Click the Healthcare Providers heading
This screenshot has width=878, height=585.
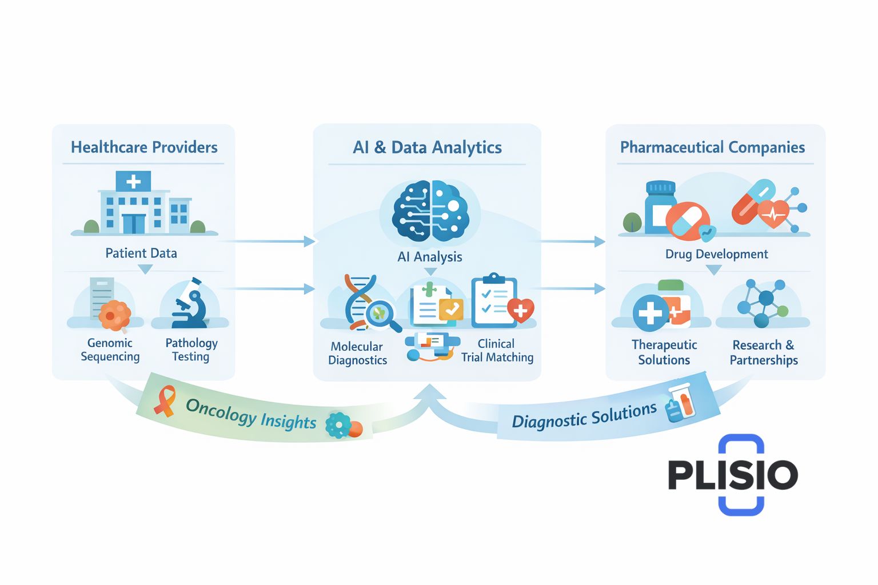point(144,147)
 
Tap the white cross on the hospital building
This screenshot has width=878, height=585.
point(133,182)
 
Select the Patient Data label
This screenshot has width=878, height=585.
point(141,253)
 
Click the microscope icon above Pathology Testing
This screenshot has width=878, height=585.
point(190,306)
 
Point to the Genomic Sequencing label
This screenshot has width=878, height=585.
point(110,350)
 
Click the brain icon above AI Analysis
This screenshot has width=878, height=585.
point(430,211)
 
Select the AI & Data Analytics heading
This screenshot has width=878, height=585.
point(427,147)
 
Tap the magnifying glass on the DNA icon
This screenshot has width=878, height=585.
point(380,314)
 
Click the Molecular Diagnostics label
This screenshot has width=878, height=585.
point(357,353)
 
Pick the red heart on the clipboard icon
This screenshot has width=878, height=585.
point(520,310)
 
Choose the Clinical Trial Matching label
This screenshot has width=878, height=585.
point(497,350)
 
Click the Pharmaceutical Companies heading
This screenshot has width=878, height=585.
point(712,147)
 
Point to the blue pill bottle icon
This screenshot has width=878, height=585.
point(660,207)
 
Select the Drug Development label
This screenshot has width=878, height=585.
point(716,254)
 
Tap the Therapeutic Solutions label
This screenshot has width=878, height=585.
point(664,352)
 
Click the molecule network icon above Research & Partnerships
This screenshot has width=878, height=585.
point(763,303)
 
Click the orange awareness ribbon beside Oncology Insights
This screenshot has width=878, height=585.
point(165,400)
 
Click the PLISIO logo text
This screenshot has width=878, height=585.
point(733,475)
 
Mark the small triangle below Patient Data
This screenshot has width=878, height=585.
point(146,269)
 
